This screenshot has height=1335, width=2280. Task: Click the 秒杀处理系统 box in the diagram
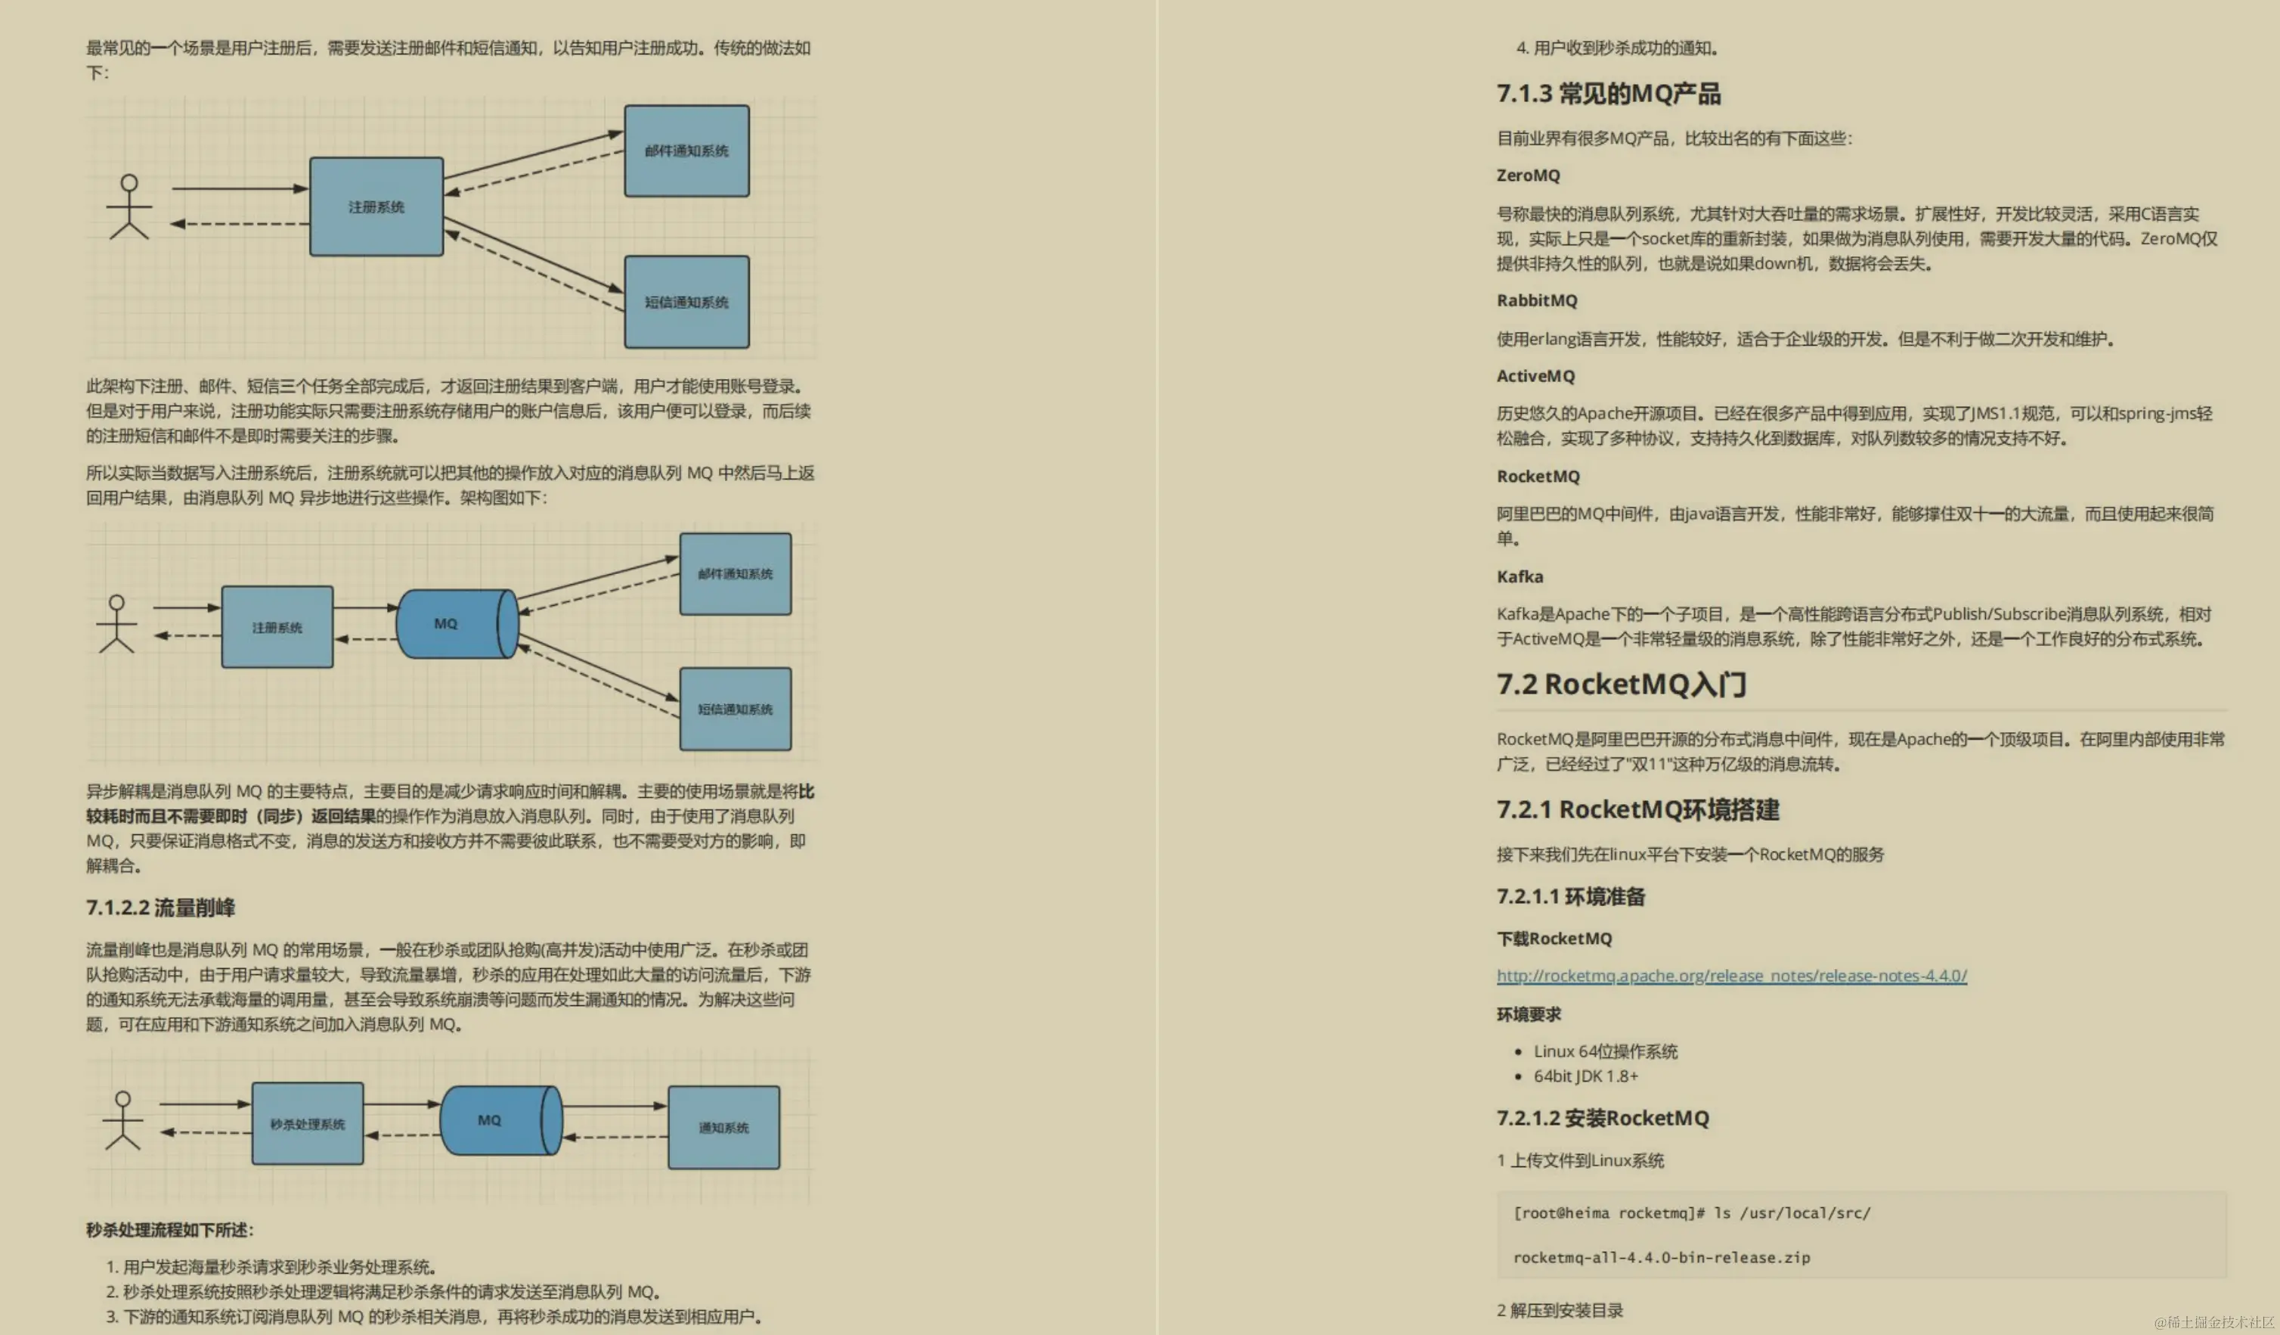point(308,1123)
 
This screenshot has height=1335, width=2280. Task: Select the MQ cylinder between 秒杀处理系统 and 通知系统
point(500,1120)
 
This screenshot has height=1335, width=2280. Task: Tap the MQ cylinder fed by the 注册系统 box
point(456,623)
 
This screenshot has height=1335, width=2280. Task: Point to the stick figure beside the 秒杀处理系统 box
point(123,1120)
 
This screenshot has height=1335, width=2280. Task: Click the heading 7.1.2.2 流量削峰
point(160,907)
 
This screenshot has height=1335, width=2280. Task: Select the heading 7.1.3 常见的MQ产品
point(1608,93)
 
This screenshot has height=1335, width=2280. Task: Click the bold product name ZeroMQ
point(1527,175)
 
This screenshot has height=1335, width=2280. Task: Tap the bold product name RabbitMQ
point(1536,300)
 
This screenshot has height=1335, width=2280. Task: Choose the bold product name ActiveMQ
point(1535,376)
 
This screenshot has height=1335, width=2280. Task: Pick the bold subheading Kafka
point(1519,576)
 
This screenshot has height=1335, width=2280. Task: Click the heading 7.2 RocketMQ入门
point(1621,685)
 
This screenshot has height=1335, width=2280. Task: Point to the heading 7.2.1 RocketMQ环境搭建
point(1637,809)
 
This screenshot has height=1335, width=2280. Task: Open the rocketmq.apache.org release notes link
point(1731,976)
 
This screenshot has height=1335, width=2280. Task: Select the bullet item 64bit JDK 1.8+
point(1585,1076)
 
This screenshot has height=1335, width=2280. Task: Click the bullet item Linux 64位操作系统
point(1605,1051)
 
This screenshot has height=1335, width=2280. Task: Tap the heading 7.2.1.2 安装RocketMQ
point(1603,1118)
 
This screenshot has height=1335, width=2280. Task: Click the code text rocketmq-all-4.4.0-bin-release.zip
point(1661,1257)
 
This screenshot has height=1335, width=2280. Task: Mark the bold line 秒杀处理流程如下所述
point(170,1229)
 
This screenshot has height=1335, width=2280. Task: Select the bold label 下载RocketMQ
point(1554,939)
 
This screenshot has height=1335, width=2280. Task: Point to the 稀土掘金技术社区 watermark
point(2214,1322)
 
